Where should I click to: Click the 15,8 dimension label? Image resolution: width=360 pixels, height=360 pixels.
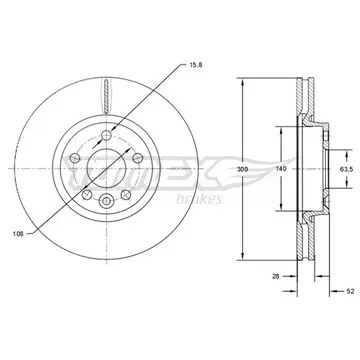pyautogui.click(x=196, y=65)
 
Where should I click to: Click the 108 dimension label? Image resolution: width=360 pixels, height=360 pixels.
pyautogui.click(x=18, y=234)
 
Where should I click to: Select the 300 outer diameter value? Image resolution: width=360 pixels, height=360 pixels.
pyautogui.click(x=243, y=169)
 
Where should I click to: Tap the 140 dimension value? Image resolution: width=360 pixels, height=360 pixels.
pyautogui.click(x=281, y=169)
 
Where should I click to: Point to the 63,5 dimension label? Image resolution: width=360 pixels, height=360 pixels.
pyautogui.click(x=346, y=169)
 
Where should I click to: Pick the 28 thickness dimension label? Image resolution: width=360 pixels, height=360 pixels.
pyautogui.click(x=275, y=276)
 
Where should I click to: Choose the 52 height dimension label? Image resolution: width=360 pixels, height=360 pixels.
pyautogui.click(x=350, y=291)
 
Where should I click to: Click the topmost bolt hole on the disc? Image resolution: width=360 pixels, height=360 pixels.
pyautogui.click(x=106, y=135)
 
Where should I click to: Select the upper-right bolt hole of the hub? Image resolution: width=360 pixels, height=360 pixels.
pyautogui.click(x=138, y=157)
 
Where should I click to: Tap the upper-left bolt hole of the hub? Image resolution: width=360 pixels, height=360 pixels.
pyautogui.click(x=75, y=157)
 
